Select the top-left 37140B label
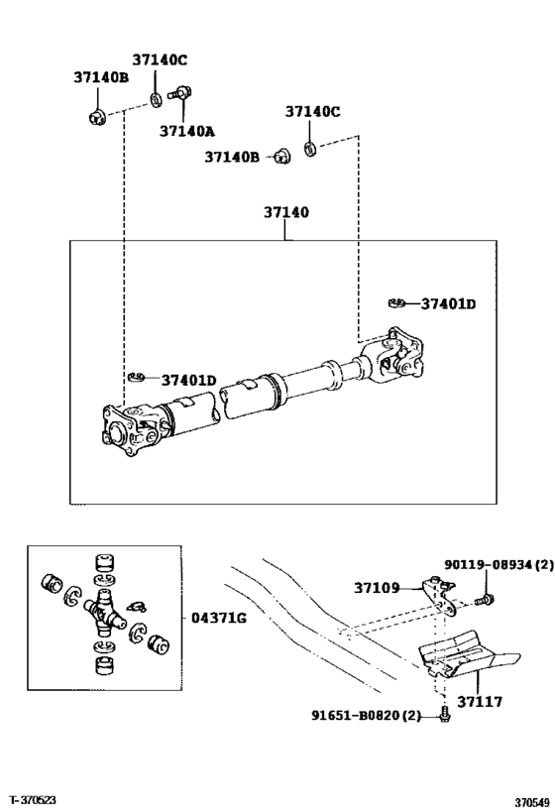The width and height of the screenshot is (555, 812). coord(101,77)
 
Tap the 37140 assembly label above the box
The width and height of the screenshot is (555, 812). coord(286,212)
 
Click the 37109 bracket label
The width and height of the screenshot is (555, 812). coord(378,588)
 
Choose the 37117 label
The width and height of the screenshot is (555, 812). coord(479,702)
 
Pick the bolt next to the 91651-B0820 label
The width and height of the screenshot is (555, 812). coord(445,713)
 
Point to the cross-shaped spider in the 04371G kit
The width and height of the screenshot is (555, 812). coord(104,618)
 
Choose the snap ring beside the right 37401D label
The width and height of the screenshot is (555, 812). coord(395,302)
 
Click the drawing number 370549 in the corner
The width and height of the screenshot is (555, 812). coord(531,801)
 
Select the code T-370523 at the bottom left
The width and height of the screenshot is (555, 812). coord(36,799)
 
